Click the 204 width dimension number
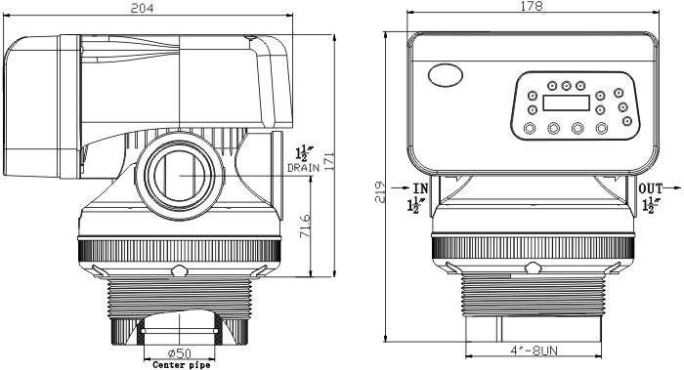coord(143,8)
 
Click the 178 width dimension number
coord(532,6)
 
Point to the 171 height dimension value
coord(329,161)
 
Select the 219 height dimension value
coord(380,191)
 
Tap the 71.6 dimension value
coord(305,226)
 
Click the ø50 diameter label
coord(179,352)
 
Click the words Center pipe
coord(182,365)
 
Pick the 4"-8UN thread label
coord(534,349)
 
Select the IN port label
coord(420,188)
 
